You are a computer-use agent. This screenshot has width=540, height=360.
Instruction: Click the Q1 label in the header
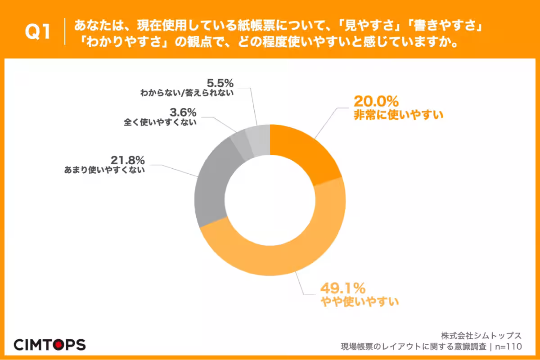pyautogui.click(x=38, y=33)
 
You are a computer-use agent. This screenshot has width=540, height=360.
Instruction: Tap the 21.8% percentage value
pyautogui.click(x=127, y=160)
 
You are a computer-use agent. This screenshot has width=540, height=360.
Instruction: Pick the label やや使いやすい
pyautogui.click(x=360, y=301)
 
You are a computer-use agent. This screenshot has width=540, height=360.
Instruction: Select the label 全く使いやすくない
pyautogui.click(x=160, y=121)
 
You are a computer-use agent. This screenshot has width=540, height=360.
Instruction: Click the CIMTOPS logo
pyautogui.click(x=49, y=345)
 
